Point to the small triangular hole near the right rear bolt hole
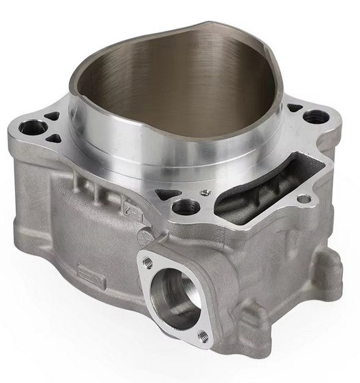pos(292,108)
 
